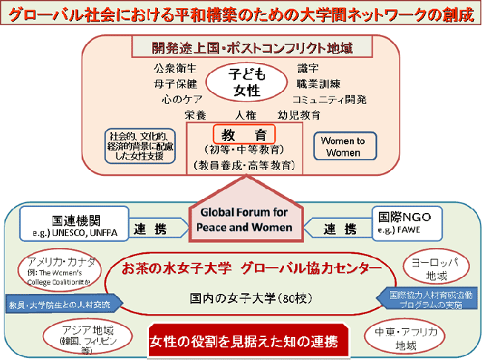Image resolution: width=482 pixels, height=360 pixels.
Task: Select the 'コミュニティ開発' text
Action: point(329,99)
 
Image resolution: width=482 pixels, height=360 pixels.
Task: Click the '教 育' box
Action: point(244,134)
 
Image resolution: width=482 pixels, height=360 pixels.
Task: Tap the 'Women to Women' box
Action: point(343,146)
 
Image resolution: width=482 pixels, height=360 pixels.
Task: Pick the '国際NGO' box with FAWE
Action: point(409,222)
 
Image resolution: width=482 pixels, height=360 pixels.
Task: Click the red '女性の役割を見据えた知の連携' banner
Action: point(243,341)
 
